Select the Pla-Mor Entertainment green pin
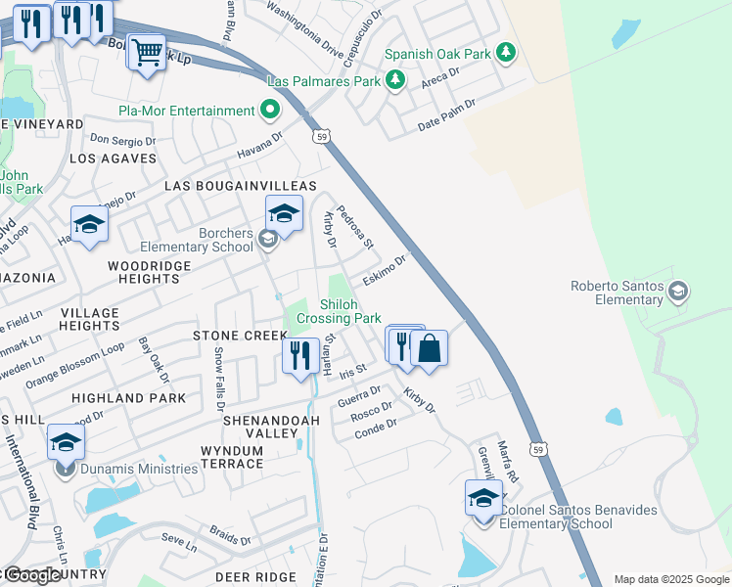271,111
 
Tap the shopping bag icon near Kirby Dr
429,347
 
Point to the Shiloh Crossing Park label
339,311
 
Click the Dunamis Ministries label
140,469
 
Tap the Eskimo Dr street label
384,270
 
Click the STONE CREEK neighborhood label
241,336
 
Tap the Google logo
32,575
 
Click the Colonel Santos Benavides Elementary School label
556,517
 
